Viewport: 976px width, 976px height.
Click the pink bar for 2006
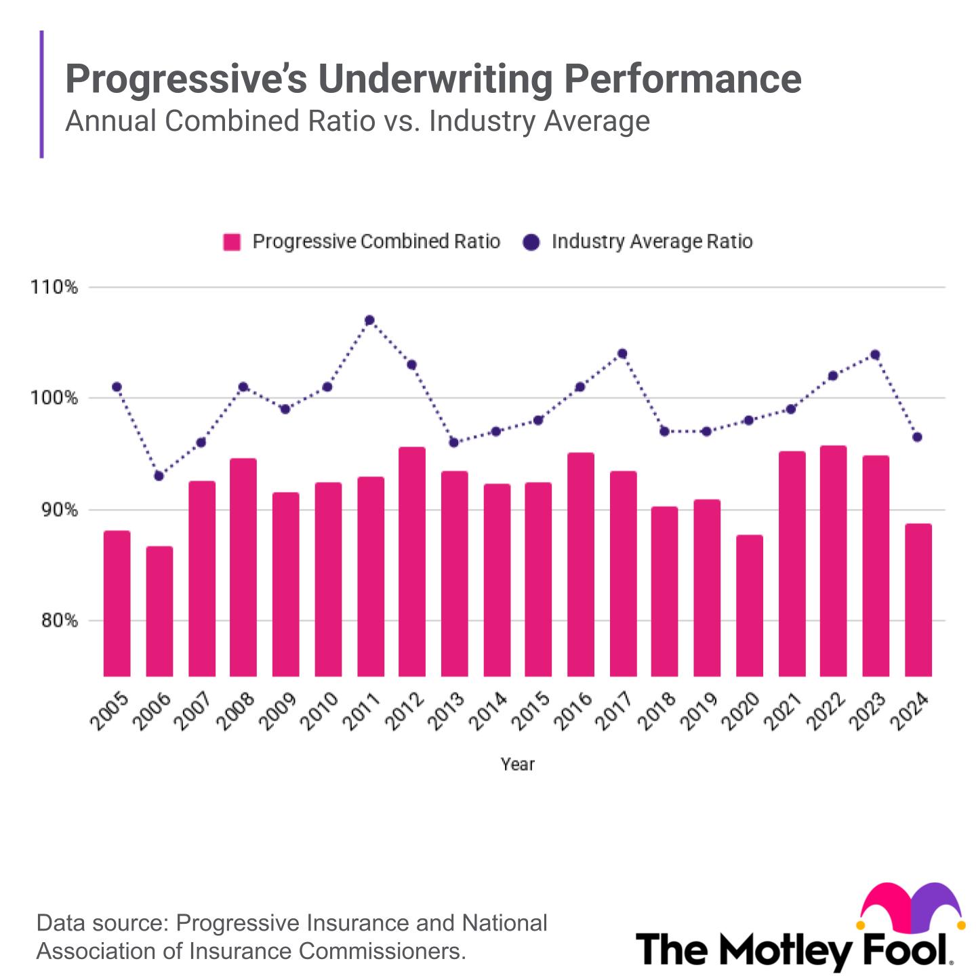(159, 611)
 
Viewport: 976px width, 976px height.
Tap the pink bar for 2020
(750, 605)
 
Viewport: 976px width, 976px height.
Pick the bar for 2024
(918, 600)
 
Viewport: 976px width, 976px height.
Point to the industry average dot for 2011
(369, 320)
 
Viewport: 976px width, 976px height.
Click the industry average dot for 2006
(159, 476)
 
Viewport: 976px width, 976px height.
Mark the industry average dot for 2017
(622, 353)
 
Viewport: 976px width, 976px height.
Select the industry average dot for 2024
(917, 437)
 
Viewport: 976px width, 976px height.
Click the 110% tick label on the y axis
(54, 287)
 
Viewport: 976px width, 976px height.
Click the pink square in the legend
(232, 242)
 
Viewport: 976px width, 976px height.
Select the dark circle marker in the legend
(532, 242)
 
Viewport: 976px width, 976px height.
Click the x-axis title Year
(518, 765)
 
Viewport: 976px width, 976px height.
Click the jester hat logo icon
(910, 907)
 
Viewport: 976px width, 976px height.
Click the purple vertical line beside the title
(42, 94)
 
